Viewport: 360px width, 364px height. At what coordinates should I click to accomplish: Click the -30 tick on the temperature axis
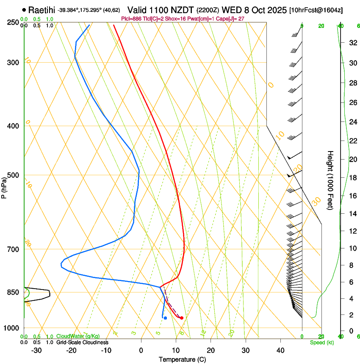click(x=36, y=350)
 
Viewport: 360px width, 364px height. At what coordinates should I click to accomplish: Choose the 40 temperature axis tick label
click(x=280, y=350)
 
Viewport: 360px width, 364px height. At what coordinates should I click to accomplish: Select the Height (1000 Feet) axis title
click(x=331, y=180)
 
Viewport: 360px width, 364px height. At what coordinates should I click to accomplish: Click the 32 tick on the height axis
click(x=352, y=43)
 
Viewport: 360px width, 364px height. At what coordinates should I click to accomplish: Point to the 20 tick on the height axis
click(x=352, y=160)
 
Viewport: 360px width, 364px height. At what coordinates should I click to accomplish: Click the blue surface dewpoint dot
click(x=165, y=318)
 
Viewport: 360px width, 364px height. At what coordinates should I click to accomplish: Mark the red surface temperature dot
click(x=182, y=318)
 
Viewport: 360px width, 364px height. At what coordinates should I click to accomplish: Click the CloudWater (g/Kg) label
click(x=78, y=336)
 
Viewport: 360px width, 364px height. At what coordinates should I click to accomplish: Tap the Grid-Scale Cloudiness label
click(x=82, y=342)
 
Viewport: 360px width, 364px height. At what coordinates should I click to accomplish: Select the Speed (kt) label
click(x=321, y=342)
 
